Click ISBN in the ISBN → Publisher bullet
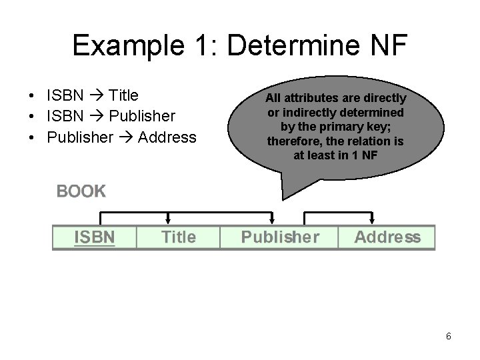(x=65, y=117)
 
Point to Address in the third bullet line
(x=167, y=137)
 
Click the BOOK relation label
(x=81, y=191)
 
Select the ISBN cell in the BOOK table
(x=95, y=237)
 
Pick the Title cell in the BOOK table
(x=179, y=237)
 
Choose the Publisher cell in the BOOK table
(x=279, y=237)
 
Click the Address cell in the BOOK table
(x=387, y=237)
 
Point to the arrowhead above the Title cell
(x=167, y=221)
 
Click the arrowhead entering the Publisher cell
(x=273, y=221)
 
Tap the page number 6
(x=449, y=337)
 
